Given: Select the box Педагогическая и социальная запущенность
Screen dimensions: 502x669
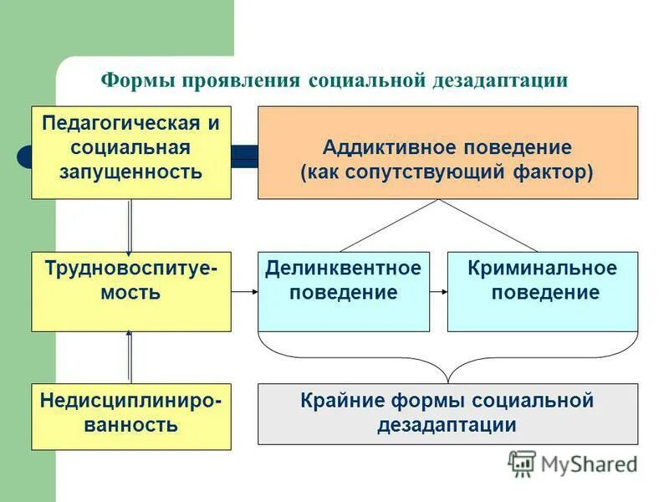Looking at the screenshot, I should point(131,152).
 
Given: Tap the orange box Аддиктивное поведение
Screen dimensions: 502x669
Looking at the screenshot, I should point(447,152).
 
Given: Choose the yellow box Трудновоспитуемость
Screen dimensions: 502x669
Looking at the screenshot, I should point(131,291).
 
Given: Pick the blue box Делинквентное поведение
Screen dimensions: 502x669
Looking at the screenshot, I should point(343,291).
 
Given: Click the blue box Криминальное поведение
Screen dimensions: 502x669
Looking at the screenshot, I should point(543,291).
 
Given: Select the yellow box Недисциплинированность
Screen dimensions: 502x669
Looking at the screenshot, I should point(131,416).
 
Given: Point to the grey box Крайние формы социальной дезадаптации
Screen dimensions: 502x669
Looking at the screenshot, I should point(447,413).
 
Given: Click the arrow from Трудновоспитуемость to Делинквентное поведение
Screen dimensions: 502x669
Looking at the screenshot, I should point(244,292).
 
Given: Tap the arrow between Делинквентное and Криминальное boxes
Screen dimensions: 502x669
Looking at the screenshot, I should point(439,292).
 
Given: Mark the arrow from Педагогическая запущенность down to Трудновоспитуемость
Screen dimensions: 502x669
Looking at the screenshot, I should point(130,226).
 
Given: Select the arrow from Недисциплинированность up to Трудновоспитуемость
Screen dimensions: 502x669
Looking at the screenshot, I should point(130,356).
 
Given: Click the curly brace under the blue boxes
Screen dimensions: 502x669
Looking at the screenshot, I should point(447,356).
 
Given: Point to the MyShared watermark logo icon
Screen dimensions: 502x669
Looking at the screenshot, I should point(522,463).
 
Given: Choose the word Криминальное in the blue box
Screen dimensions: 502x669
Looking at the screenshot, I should point(543,269).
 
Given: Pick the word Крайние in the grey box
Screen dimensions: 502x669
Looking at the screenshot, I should point(337,401).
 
